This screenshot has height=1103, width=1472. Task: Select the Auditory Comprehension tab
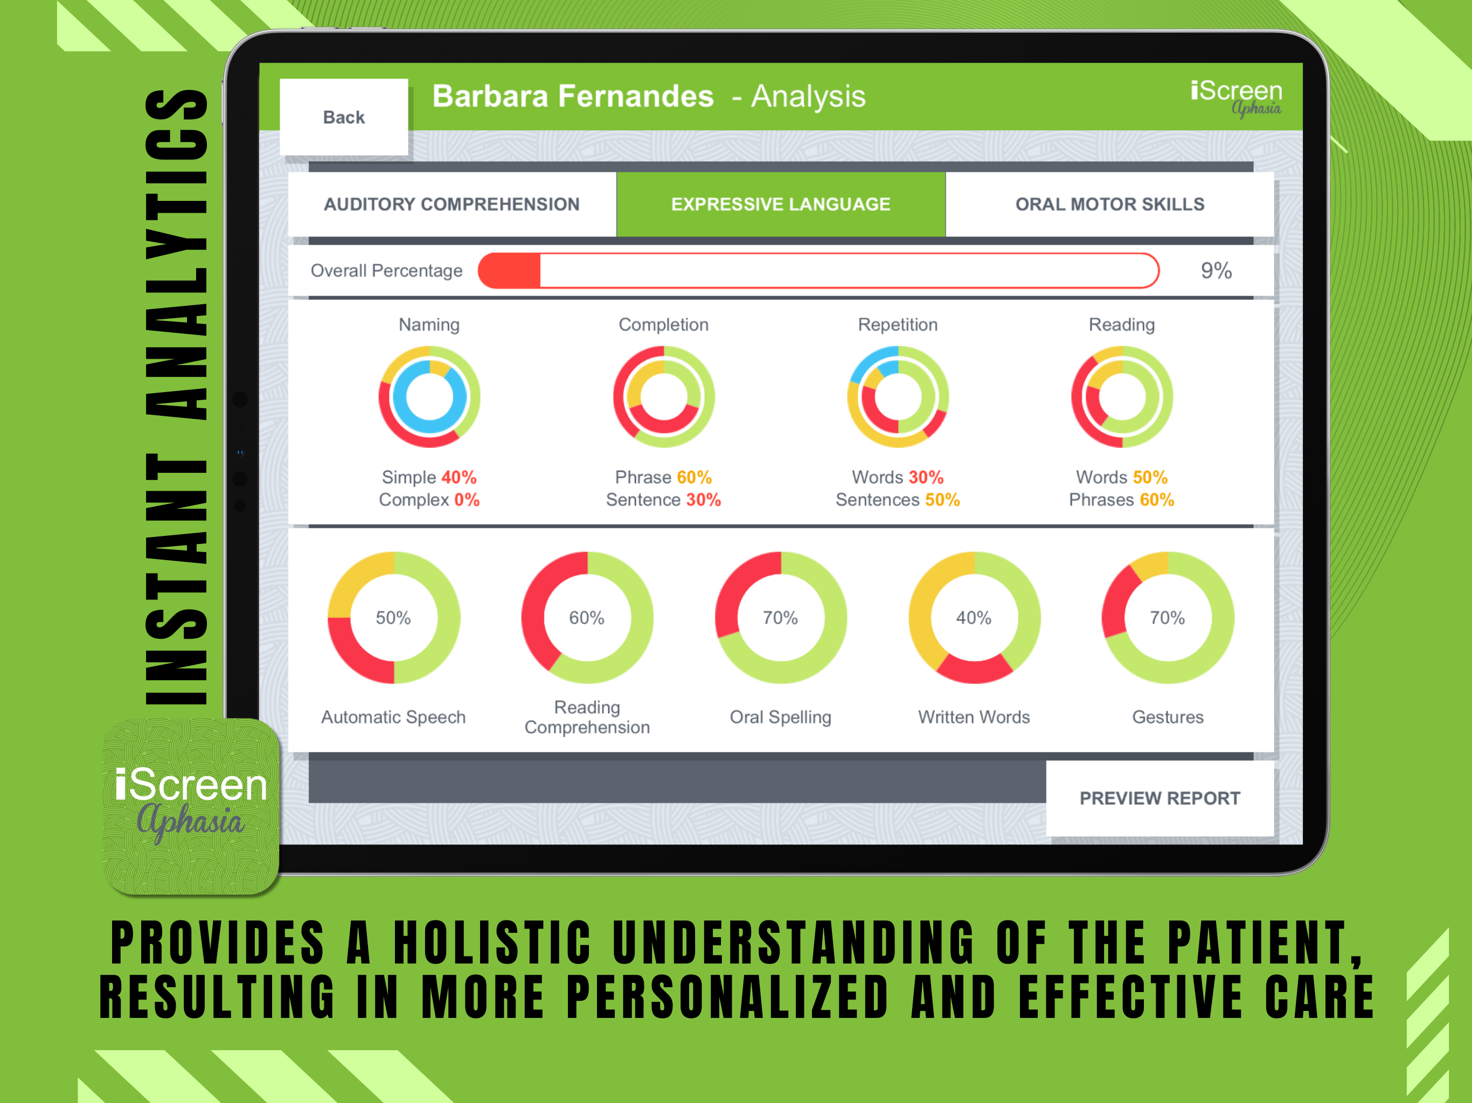[452, 204]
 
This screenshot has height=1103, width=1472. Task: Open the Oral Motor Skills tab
[1109, 204]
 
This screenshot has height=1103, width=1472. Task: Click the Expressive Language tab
[781, 204]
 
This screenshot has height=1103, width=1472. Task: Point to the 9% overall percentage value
[1216, 271]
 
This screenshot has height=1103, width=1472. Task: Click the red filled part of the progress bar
[509, 271]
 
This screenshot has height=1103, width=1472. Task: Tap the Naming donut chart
[429, 396]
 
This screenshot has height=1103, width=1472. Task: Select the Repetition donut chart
[898, 396]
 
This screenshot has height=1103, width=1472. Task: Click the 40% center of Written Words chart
[974, 618]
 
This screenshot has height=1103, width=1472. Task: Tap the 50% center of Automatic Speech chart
[393, 618]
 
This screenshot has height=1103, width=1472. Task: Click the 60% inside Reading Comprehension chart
[586, 618]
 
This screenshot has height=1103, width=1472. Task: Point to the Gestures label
[1168, 717]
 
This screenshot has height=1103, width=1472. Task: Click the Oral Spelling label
[781, 717]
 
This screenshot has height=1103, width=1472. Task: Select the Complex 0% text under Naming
[429, 500]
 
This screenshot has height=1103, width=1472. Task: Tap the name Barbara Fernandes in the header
[573, 96]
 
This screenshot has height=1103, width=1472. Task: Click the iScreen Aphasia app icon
[191, 806]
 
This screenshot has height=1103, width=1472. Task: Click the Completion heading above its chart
[663, 325]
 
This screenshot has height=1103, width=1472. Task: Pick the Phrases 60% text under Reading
[1121, 500]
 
